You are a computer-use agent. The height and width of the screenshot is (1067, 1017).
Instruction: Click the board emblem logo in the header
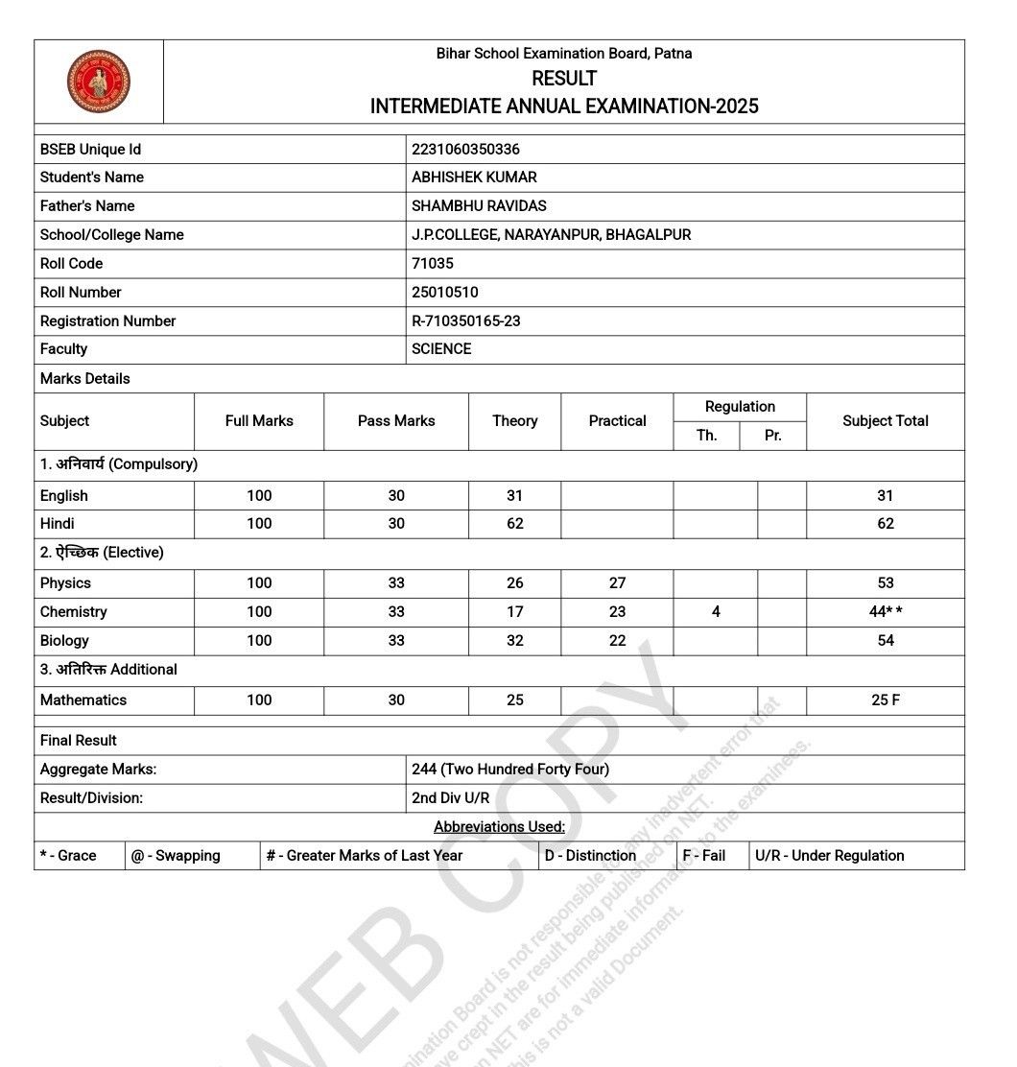pos(99,82)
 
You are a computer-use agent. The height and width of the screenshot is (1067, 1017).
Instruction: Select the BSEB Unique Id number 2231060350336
pos(465,149)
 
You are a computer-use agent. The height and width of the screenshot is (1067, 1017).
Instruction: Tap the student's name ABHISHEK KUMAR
pos(474,178)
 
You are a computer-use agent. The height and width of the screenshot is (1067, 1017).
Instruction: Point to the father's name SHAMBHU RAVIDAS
pos(479,206)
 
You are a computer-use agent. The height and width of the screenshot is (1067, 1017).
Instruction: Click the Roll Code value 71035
pos(433,264)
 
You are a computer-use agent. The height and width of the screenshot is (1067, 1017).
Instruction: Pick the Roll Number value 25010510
pos(445,293)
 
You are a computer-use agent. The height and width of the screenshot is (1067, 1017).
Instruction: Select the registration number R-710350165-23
pos(466,321)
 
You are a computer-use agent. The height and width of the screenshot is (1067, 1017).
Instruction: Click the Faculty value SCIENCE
pos(441,349)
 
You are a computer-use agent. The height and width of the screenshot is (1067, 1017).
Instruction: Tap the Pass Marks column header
pos(396,421)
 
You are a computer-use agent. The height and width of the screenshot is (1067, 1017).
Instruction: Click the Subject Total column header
pos(885,421)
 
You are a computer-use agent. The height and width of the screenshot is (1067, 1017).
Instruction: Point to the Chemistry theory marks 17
pos(515,612)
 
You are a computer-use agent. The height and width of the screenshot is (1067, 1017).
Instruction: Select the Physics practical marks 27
pos(617,583)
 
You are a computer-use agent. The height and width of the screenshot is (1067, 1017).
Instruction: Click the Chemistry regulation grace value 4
pos(716,612)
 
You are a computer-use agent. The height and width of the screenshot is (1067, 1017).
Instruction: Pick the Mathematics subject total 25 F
pos(885,700)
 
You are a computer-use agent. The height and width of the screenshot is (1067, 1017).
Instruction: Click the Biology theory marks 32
pos(515,641)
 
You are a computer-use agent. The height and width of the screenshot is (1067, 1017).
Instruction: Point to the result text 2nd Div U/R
pos(450,798)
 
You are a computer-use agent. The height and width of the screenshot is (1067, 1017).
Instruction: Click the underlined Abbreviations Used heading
pos(499,827)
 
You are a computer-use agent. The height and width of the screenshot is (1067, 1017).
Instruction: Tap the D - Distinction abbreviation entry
pos(590,856)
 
